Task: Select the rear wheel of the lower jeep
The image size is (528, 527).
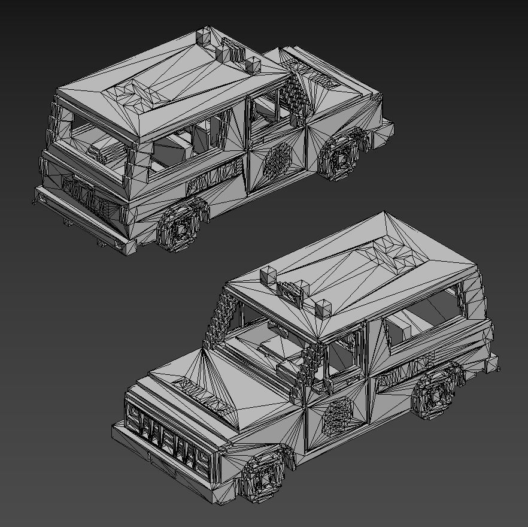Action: coord(438,392)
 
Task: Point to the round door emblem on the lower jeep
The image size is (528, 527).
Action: coord(338,414)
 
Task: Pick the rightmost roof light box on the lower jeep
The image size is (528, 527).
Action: coord(323,308)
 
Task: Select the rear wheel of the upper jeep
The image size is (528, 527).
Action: coord(183,228)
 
